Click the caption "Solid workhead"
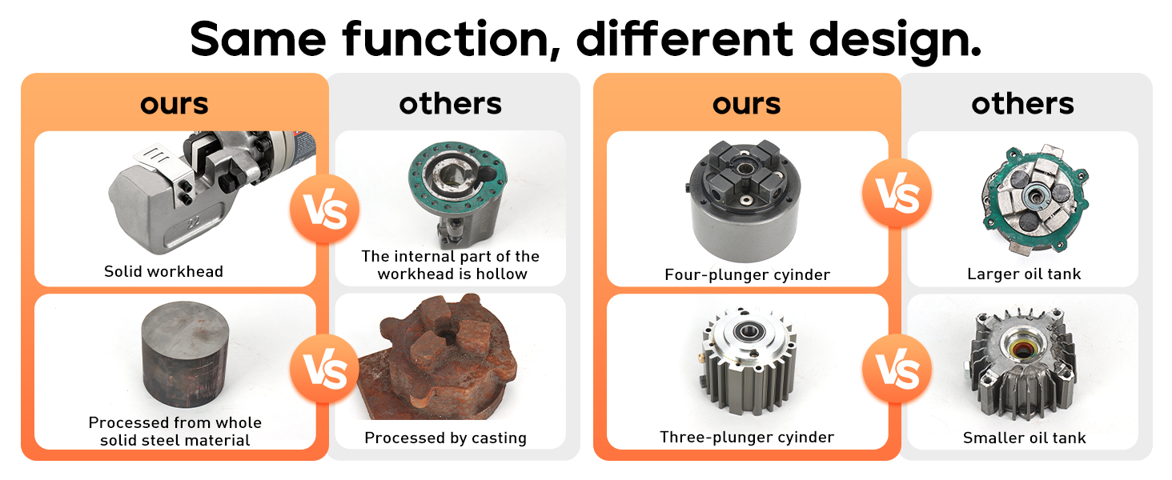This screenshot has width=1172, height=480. click(x=163, y=271)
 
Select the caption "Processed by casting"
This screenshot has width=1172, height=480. click(x=445, y=438)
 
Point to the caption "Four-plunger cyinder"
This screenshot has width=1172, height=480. click(x=747, y=274)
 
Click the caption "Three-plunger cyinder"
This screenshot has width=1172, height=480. click(x=747, y=437)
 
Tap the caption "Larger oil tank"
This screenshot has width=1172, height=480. click(x=1024, y=274)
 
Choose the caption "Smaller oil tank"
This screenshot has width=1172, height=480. click(x=1024, y=438)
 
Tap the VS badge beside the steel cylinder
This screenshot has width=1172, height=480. click(x=324, y=370)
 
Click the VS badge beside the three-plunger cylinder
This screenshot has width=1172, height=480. click(x=897, y=370)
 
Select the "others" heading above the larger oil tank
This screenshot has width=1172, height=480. click(x=1022, y=103)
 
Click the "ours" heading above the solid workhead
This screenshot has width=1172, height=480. click(x=174, y=103)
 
